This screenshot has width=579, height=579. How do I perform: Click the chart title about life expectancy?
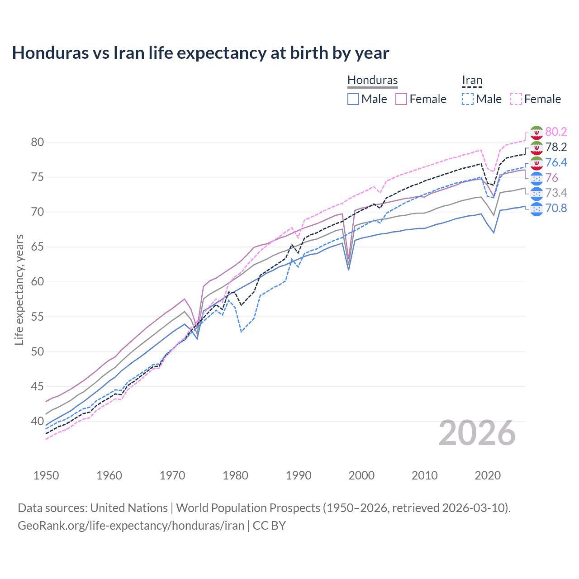200,53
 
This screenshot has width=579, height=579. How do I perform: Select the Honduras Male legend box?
353,99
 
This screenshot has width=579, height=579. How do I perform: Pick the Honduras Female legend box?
401,99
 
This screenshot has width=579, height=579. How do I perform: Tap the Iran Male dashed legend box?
468,99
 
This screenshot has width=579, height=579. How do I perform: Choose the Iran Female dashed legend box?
516,99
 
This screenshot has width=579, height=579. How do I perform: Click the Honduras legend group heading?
372,80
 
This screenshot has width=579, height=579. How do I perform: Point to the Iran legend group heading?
472,80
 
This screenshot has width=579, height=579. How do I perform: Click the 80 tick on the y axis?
38,142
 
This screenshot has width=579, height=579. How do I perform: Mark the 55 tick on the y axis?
38,317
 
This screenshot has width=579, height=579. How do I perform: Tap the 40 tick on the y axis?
38,421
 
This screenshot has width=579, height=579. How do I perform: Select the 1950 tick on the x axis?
46,475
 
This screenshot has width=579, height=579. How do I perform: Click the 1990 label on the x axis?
299,475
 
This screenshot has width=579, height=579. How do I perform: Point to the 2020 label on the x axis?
488,475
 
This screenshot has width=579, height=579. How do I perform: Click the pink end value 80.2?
556,132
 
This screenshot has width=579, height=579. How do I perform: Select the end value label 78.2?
556,147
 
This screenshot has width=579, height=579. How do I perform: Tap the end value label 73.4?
556,193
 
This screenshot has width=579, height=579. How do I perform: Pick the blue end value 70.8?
556,209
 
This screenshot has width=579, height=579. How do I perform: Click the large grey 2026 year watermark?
477,433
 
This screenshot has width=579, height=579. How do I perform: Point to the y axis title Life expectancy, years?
19,289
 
